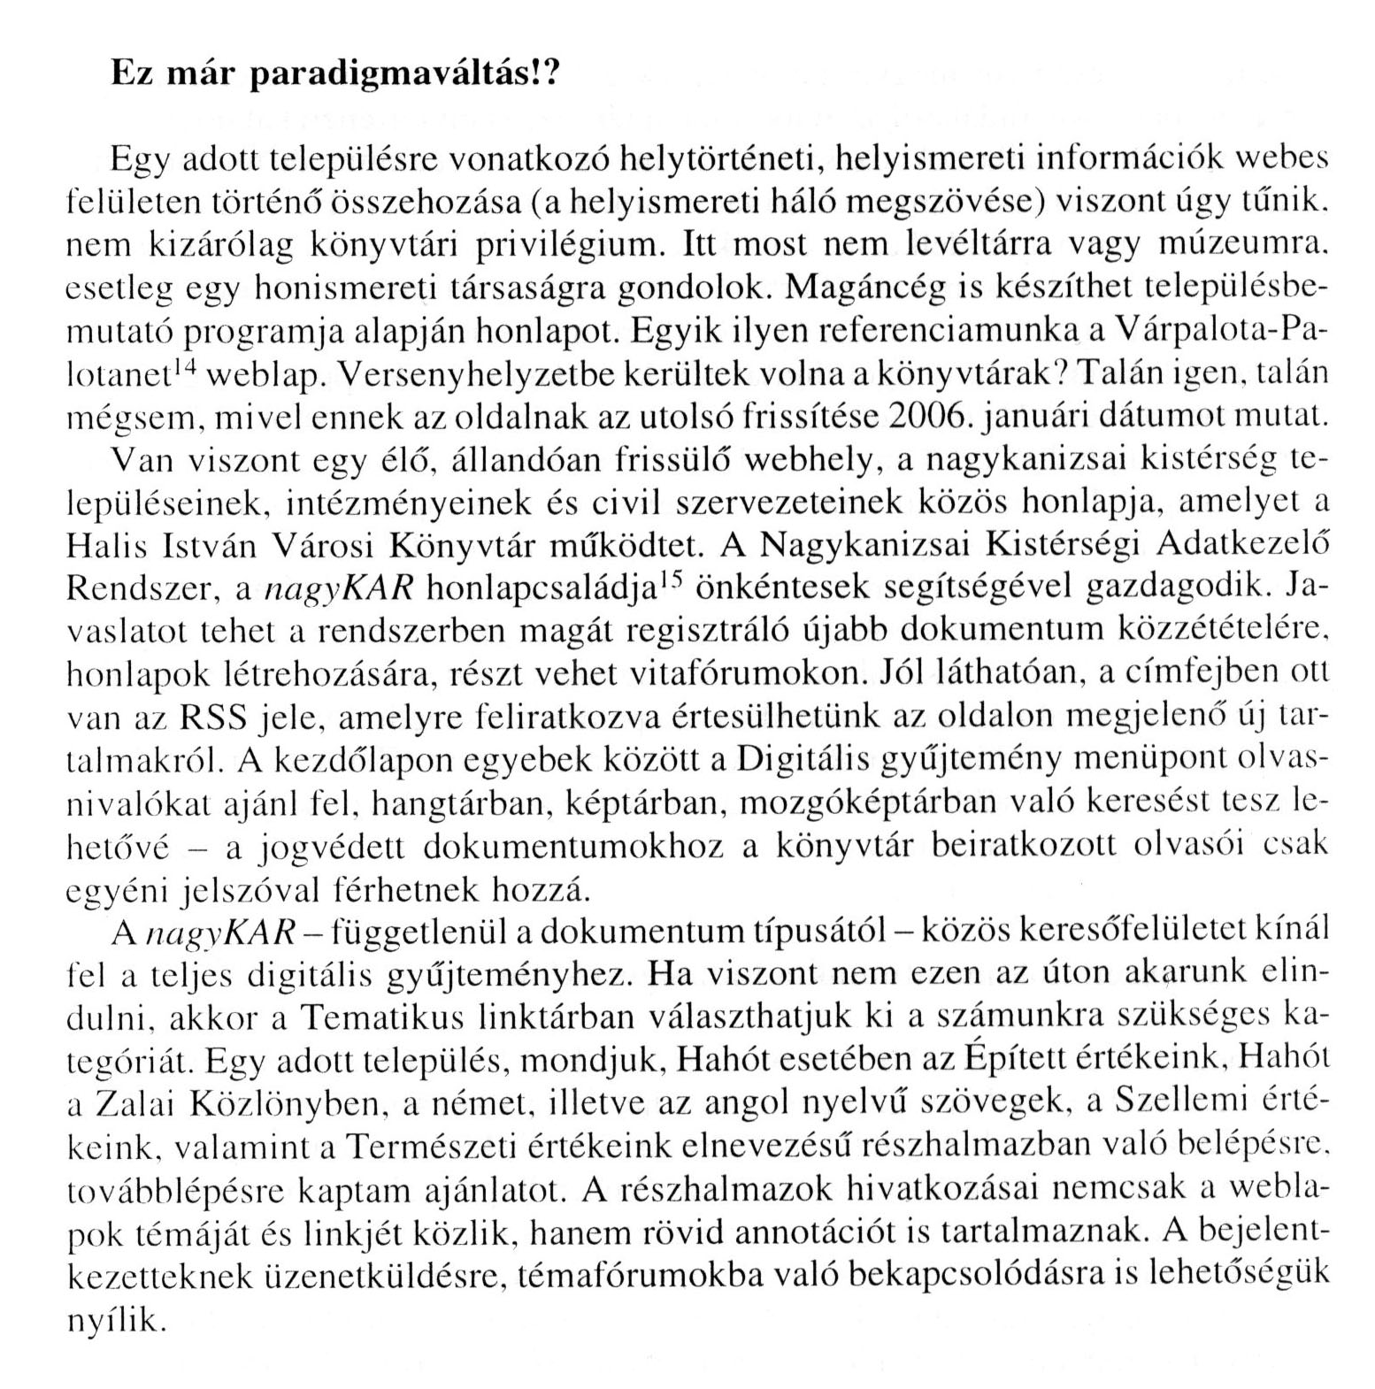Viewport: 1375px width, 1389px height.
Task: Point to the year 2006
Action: click(930, 415)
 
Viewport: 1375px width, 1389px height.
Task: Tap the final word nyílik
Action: click(117, 1321)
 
